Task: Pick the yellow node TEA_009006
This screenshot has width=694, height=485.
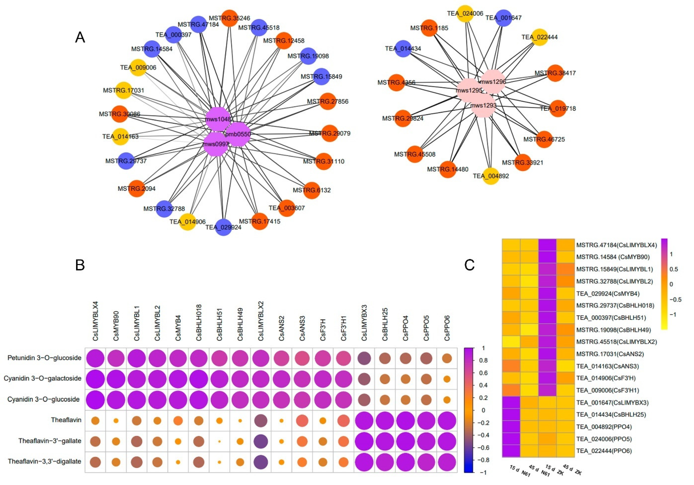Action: tap(138, 67)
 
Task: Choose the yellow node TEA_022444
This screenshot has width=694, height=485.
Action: tap(539, 37)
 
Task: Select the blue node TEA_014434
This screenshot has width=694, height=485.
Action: tap(403, 48)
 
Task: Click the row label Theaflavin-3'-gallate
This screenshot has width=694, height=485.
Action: tap(50, 441)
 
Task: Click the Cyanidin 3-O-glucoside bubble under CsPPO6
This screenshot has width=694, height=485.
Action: tap(447, 400)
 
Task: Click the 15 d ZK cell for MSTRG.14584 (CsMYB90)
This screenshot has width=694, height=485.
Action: tap(547, 257)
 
